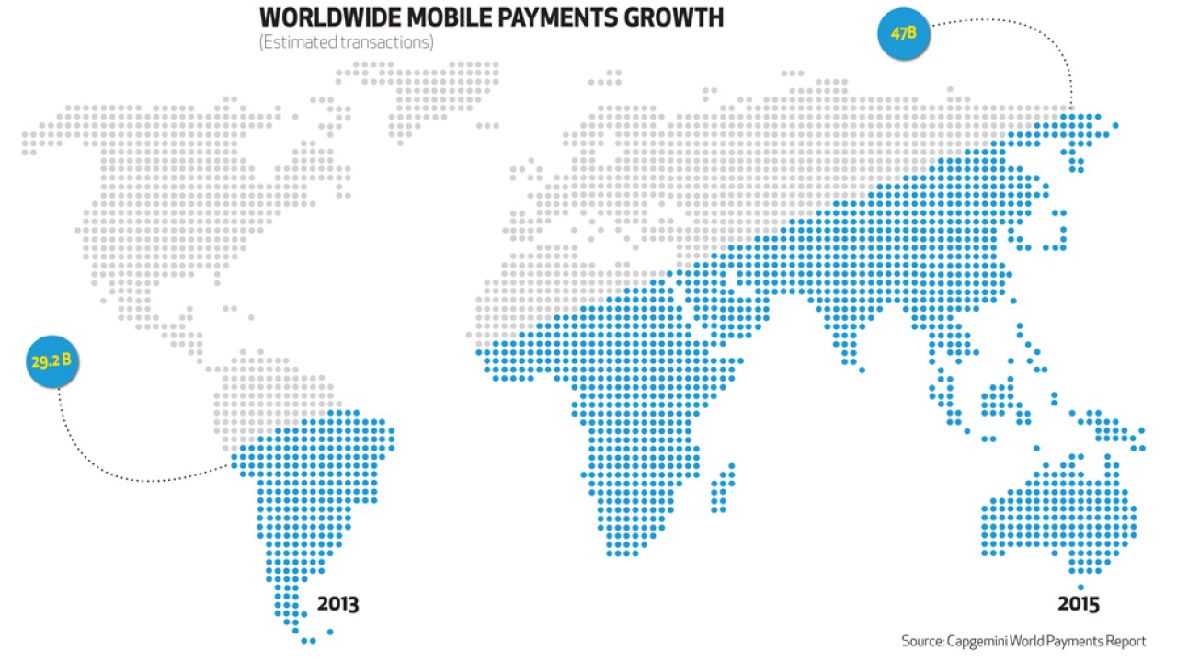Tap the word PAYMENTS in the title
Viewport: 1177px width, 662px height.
tap(565, 17)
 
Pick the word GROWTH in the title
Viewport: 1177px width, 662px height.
tap(679, 17)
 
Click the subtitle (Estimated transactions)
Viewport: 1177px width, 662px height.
tap(346, 42)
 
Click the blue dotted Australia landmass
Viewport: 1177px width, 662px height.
tap(1057, 515)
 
